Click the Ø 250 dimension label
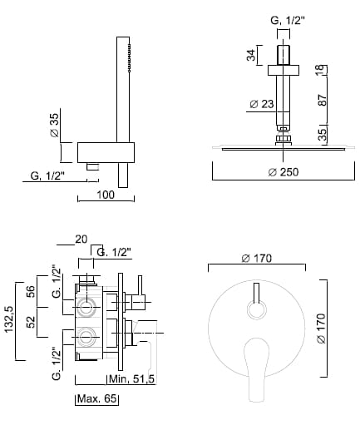(x=284, y=172)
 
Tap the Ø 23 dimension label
(x=262, y=104)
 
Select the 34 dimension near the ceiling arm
(x=251, y=55)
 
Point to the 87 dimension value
(x=322, y=100)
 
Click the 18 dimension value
(x=319, y=71)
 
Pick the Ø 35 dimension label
(x=55, y=125)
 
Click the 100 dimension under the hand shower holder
(x=106, y=195)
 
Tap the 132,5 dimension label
(x=8, y=319)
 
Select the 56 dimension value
(x=32, y=291)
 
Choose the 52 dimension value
(x=32, y=322)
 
